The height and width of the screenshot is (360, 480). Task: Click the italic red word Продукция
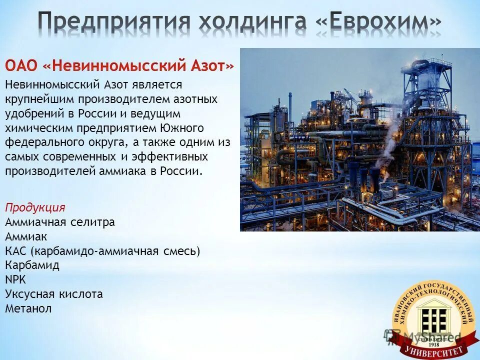tap(35, 207)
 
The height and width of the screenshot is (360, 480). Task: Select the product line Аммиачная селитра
tap(60, 221)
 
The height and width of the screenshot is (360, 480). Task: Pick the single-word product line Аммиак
tap(26, 236)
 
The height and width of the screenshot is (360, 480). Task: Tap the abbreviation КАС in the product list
tap(15, 250)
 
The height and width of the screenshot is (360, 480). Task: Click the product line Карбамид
tap(32, 265)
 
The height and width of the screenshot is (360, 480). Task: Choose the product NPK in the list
tap(15, 279)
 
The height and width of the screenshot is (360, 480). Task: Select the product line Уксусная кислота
tap(54, 294)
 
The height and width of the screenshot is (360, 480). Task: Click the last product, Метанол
tap(28, 308)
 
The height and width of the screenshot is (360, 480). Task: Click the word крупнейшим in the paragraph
tap(37, 99)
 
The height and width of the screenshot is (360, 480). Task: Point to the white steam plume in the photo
tap(390, 145)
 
